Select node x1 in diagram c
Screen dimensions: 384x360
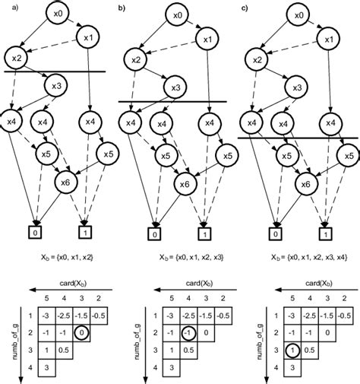pos(327,38)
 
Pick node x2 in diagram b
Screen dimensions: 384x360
pos(134,59)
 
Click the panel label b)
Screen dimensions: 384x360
pos(125,6)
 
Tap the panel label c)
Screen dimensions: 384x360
pos(244,6)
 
